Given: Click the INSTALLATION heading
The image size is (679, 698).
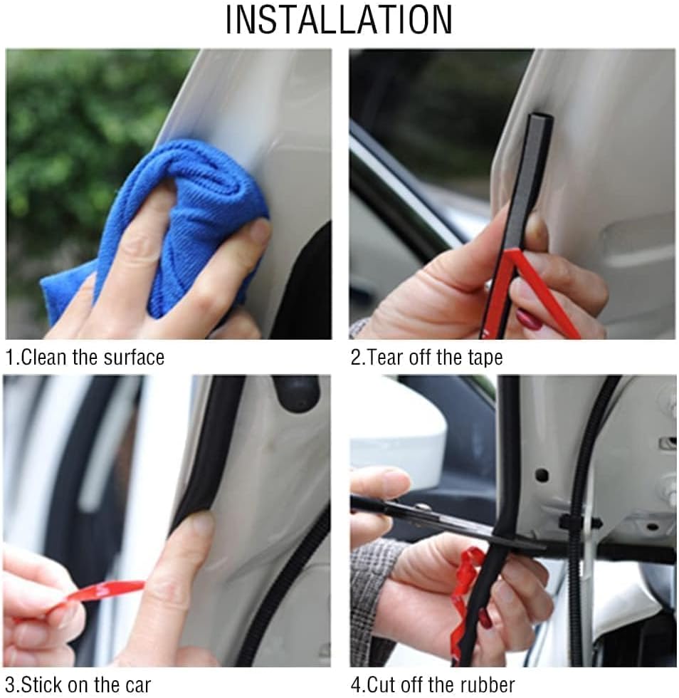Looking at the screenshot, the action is (339, 20).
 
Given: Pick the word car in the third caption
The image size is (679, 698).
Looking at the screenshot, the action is (137, 686).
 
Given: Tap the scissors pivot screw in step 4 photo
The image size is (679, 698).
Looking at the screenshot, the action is (423, 507).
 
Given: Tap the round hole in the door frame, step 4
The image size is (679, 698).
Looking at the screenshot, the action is (542, 475).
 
